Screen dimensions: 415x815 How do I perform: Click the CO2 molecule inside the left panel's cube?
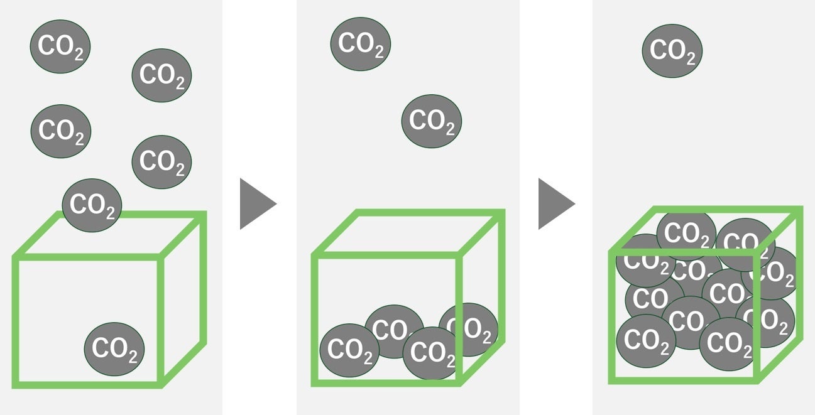(x=114, y=349)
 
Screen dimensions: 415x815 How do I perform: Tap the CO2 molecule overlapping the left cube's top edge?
(x=92, y=205)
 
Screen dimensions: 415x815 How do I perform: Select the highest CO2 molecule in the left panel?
(x=60, y=46)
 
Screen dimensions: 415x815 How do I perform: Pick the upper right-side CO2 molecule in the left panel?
(x=161, y=75)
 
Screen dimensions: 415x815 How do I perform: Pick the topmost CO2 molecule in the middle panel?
(x=361, y=44)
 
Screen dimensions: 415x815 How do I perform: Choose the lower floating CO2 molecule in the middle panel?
(x=432, y=122)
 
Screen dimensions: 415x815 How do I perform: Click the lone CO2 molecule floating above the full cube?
(x=672, y=51)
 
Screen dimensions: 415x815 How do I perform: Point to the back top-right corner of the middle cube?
(x=502, y=212)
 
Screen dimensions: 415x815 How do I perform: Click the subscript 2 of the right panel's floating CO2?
(x=691, y=59)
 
